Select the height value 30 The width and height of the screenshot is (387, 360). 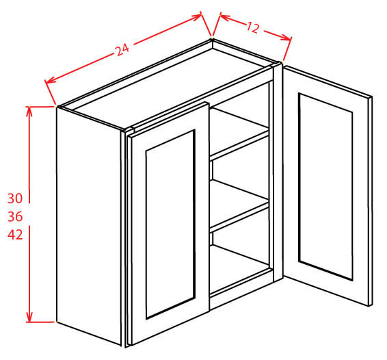coord(15,199)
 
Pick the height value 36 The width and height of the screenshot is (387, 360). coord(15,217)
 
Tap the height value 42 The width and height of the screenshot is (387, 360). coord(15,235)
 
